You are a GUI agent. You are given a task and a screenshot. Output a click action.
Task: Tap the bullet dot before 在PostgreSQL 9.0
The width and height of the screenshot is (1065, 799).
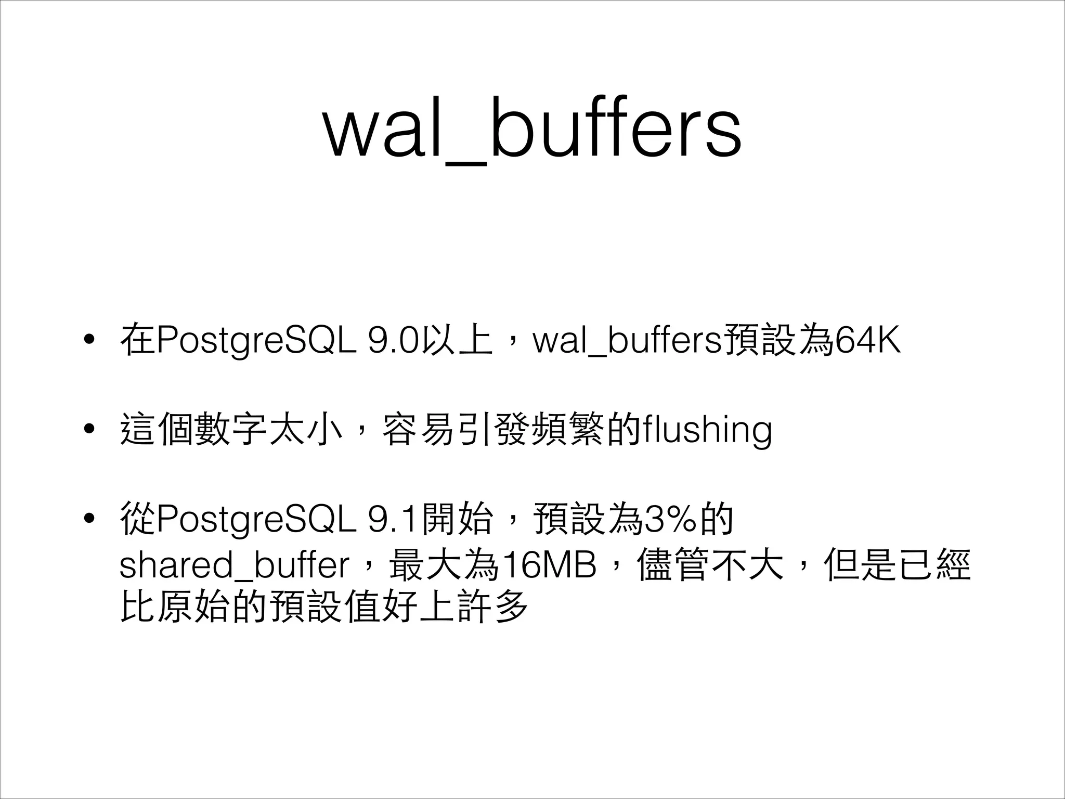[x=89, y=340]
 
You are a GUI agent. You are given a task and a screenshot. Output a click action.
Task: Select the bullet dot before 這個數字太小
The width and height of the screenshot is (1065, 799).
[x=89, y=429]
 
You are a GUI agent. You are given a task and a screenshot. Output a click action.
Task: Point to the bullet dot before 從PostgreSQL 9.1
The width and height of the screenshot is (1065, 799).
[x=89, y=518]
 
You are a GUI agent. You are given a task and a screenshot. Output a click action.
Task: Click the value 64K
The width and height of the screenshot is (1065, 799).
[x=867, y=341]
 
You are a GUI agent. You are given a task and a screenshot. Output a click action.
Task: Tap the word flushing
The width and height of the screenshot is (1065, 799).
[x=707, y=430]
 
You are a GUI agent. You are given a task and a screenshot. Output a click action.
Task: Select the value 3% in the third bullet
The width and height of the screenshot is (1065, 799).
[x=671, y=519]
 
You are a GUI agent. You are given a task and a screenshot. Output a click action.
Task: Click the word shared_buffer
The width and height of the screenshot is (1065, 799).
[x=234, y=565]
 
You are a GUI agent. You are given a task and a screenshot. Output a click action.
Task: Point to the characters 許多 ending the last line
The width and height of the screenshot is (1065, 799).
[x=492, y=605]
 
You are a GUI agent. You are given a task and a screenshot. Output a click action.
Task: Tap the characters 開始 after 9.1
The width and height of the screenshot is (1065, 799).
[x=457, y=519]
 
